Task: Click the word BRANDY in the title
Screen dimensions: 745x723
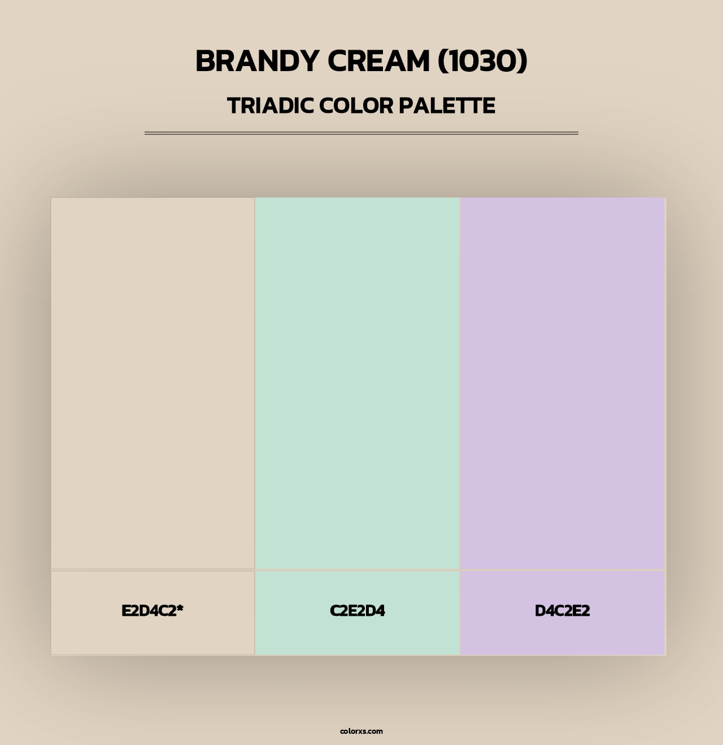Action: pyautogui.click(x=257, y=61)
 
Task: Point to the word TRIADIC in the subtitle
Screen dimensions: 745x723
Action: pyautogui.click(x=270, y=106)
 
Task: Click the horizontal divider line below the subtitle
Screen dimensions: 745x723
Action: pyautogui.click(x=361, y=133)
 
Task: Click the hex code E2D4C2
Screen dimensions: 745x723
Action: pyautogui.click(x=149, y=611)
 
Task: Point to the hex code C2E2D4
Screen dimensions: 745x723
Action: pyautogui.click(x=358, y=611)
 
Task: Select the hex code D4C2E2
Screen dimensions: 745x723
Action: pyautogui.click(x=563, y=611)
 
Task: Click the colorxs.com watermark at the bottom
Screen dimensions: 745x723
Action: pyautogui.click(x=361, y=731)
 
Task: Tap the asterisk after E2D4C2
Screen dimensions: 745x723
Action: pyautogui.click(x=180, y=608)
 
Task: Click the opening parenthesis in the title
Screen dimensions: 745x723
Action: pyautogui.click(x=442, y=61)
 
